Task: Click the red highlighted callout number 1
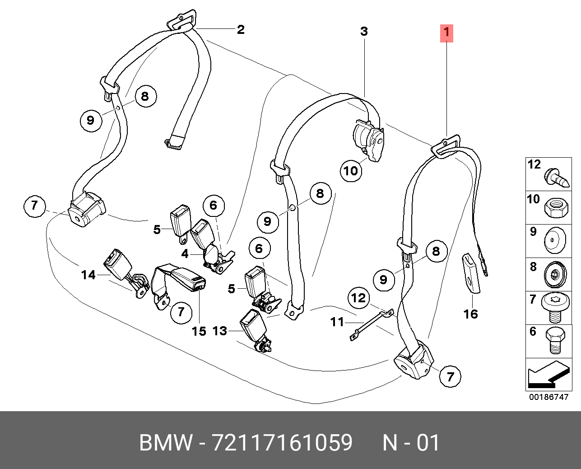pos(446,33)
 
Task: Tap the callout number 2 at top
pos(241,30)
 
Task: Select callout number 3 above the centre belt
pos(364,32)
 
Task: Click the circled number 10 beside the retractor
pos(351,171)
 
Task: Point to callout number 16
pos(470,314)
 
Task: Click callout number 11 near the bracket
pos(337,322)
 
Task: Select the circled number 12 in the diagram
pos(358,298)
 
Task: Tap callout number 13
pos(219,331)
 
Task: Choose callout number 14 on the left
pos(88,274)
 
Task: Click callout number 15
pos(199,331)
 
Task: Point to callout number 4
pos(185,254)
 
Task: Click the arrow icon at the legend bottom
pos(548,375)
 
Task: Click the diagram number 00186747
pos(548,397)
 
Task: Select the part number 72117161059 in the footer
pos(282,443)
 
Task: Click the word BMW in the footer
pos(166,443)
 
